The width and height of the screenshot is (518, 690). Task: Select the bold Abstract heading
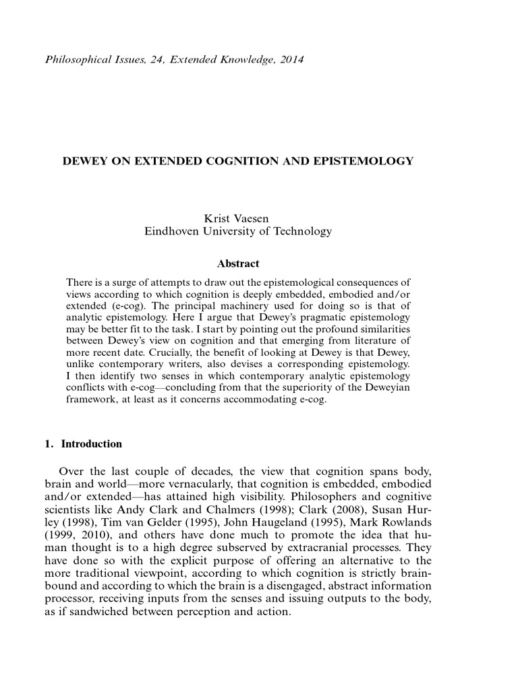238,263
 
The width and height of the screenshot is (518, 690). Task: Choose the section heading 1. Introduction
83,444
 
